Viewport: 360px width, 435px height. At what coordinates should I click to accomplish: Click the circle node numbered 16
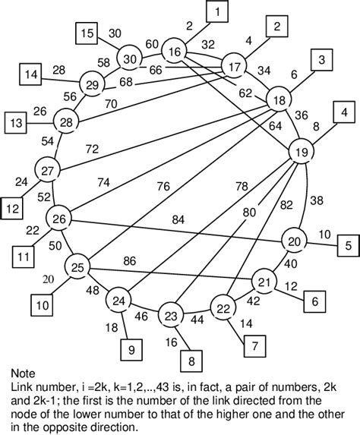(175, 52)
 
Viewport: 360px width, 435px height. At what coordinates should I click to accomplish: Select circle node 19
(302, 153)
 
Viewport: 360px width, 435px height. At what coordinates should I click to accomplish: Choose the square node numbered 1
(217, 12)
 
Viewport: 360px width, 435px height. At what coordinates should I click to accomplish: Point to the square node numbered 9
(131, 350)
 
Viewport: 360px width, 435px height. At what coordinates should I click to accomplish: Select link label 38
(317, 200)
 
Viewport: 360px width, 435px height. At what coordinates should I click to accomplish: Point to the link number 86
(129, 260)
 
